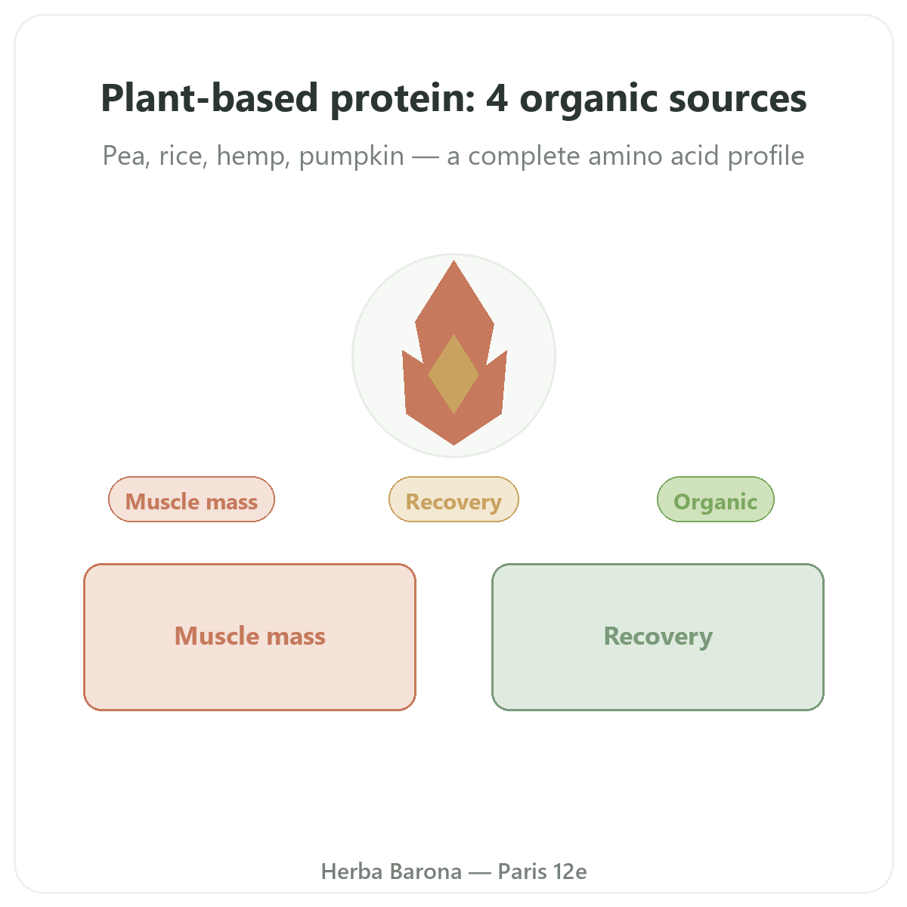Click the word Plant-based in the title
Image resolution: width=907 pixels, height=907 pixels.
tap(209, 98)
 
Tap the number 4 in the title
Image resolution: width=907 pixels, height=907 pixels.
tap(497, 98)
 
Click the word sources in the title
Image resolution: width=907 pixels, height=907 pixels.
tap(738, 98)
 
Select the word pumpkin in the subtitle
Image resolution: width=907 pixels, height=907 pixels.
tap(351, 156)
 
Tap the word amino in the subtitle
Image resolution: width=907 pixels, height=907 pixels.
tap(624, 156)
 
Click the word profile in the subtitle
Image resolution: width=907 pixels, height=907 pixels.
tap(766, 156)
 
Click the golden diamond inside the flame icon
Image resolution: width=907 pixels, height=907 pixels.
tap(453, 374)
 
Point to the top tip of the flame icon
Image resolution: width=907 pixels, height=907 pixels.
tap(453, 260)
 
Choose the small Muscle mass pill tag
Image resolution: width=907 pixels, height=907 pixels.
tap(191, 499)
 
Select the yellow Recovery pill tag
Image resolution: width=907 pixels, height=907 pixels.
tap(453, 499)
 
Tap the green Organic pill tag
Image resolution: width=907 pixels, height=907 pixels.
tap(715, 499)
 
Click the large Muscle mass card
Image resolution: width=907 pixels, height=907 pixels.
tap(249, 636)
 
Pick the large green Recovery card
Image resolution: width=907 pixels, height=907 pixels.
tap(658, 636)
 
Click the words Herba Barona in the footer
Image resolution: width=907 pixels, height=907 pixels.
tap(391, 871)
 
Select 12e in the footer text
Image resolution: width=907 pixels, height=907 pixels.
tap(570, 871)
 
